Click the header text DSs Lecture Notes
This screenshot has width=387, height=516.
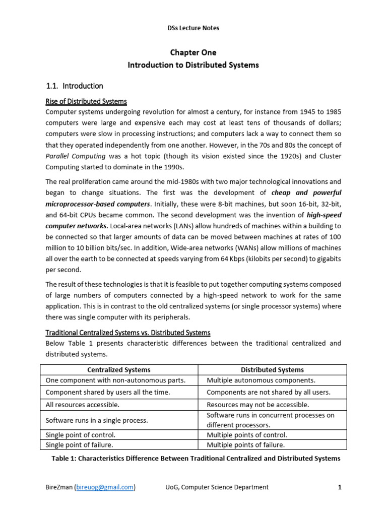tap(193, 28)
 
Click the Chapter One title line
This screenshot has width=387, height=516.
tap(193, 52)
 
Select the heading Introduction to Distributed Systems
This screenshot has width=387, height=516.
tap(193, 65)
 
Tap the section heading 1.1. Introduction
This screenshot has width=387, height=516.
tap(75, 86)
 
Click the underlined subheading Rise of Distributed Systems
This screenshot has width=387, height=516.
tap(86, 101)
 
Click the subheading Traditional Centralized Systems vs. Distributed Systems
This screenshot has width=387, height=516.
tap(128, 333)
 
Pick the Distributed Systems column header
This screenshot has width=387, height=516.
tap(272, 370)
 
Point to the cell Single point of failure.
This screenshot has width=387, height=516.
tap(79, 444)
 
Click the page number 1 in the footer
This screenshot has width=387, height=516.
tap(340, 487)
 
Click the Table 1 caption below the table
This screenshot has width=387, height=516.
tap(196, 458)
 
